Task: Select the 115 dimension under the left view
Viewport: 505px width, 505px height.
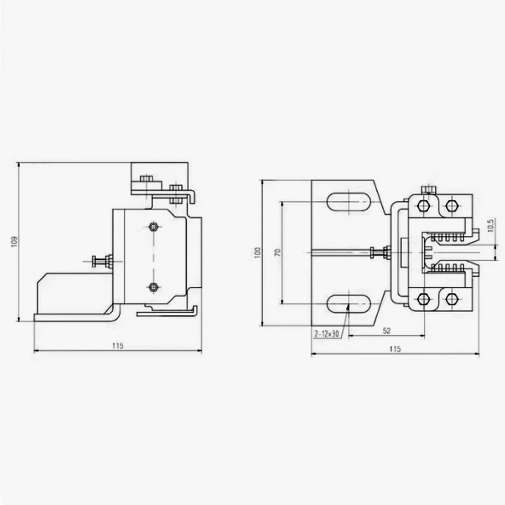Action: coord(117,346)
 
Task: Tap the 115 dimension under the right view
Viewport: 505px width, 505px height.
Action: coord(395,348)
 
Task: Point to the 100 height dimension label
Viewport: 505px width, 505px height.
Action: coord(258,252)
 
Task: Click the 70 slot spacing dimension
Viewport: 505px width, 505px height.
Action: coord(277,252)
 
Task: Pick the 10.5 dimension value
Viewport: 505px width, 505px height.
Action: coord(490,225)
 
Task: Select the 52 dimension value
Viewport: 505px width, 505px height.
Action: coord(386,331)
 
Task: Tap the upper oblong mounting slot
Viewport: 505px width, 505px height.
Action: coord(349,202)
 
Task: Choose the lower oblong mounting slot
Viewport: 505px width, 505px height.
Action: coord(349,303)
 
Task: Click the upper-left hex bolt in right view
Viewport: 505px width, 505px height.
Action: coord(423,206)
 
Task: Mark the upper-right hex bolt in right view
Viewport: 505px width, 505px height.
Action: coord(451,206)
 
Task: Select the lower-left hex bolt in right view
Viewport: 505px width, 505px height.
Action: coord(423,299)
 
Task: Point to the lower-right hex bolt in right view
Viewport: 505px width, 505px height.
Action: coord(451,299)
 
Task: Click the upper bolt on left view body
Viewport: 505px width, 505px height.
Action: coord(154,226)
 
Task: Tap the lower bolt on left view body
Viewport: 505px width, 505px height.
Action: coord(154,287)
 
